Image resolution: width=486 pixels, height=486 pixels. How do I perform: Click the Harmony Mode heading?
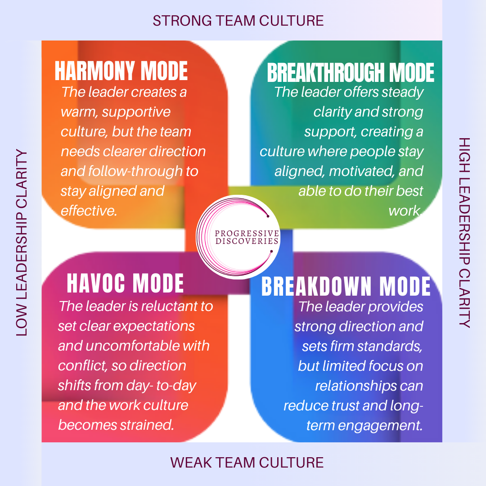[x=121, y=71]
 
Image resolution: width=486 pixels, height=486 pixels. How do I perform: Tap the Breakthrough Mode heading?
[x=351, y=72]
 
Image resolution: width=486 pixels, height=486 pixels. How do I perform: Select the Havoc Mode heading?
[x=125, y=283]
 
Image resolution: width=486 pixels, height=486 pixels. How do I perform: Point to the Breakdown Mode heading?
[x=346, y=287]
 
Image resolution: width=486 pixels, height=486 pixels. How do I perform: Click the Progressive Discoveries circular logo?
[x=238, y=237]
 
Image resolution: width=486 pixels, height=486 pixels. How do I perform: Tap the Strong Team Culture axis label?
[x=238, y=20]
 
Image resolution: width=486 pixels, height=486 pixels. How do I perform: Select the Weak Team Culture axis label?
[x=247, y=462]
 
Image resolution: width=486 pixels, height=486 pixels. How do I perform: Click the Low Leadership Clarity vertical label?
[x=22, y=243]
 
